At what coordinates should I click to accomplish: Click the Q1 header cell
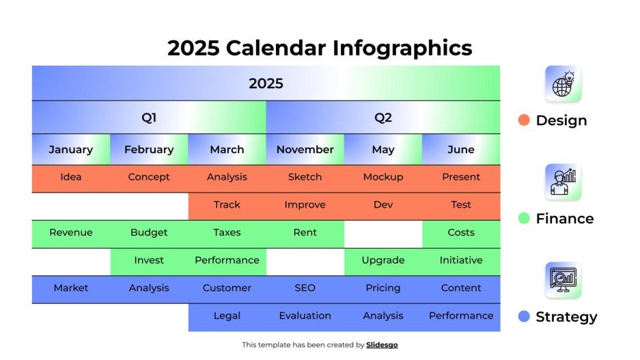pyautogui.click(x=149, y=117)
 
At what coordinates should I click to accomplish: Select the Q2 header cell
pyautogui.click(x=383, y=117)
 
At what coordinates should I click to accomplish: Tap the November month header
pyautogui.click(x=305, y=150)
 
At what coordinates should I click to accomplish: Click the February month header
pyautogui.click(x=149, y=150)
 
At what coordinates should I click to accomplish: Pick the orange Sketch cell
pyautogui.click(x=305, y=177)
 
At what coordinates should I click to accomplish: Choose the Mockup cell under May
pyautogui.click(x=383, y=177)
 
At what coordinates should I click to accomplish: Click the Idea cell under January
pyautogui.click(x=71, y=177)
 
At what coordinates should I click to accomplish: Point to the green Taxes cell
pyautogui.click(x=227, y=232)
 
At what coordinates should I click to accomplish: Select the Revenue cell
pyautogui.click(x=71, y=232)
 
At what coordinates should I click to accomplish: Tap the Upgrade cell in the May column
pyautogui.click(x=383, y=260)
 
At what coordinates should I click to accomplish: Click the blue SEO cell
pyautogui.click(x=305, y=288)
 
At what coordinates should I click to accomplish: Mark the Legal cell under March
pyautogui.click(x=227, y=316)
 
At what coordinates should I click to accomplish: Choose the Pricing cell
pyautogui.click(x=383, y=288)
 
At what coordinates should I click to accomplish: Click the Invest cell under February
pyautogui.click(x=149, y=260)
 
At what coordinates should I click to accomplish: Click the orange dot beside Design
pyautogui.click(x=524, y=120)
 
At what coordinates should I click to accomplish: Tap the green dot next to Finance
pyautogui.click(x=524, y=219)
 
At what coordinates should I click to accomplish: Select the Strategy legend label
pyautogui.click(x=566, y=317)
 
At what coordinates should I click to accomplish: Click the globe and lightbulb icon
pyautogui.click(x=563, y=84)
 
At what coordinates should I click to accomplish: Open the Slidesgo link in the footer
pyautogui.click(x=382, y=345)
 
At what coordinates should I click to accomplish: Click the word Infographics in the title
pyautogui.click(x=402, y=48)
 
